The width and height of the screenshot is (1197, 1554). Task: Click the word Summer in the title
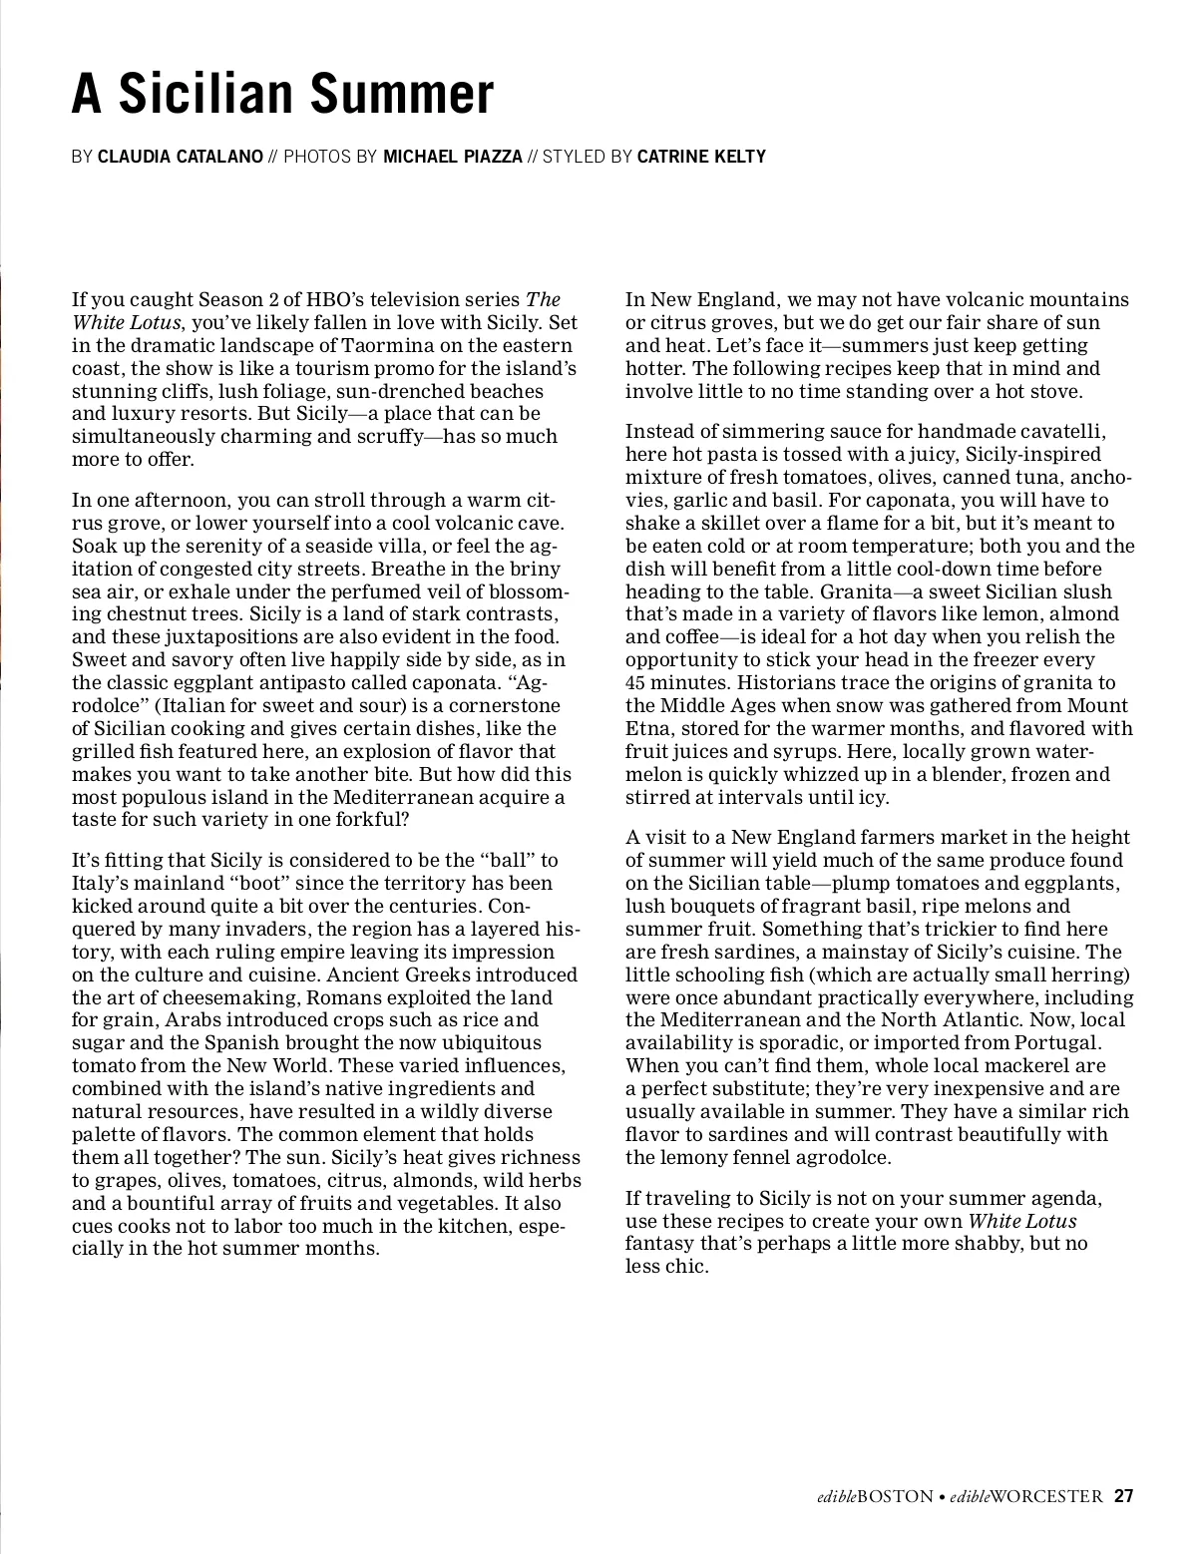[402, 95]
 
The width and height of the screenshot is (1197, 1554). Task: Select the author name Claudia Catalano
[181, 157]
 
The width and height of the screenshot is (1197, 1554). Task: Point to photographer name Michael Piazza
[453, 157]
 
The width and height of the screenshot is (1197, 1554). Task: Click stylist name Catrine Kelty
[701, 157]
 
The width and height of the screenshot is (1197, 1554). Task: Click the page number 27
[1124, 1496]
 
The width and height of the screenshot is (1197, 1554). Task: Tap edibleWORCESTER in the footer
[1026, 1496]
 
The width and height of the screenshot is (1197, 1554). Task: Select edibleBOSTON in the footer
[870, 1496]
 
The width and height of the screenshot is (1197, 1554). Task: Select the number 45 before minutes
[635, 682]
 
